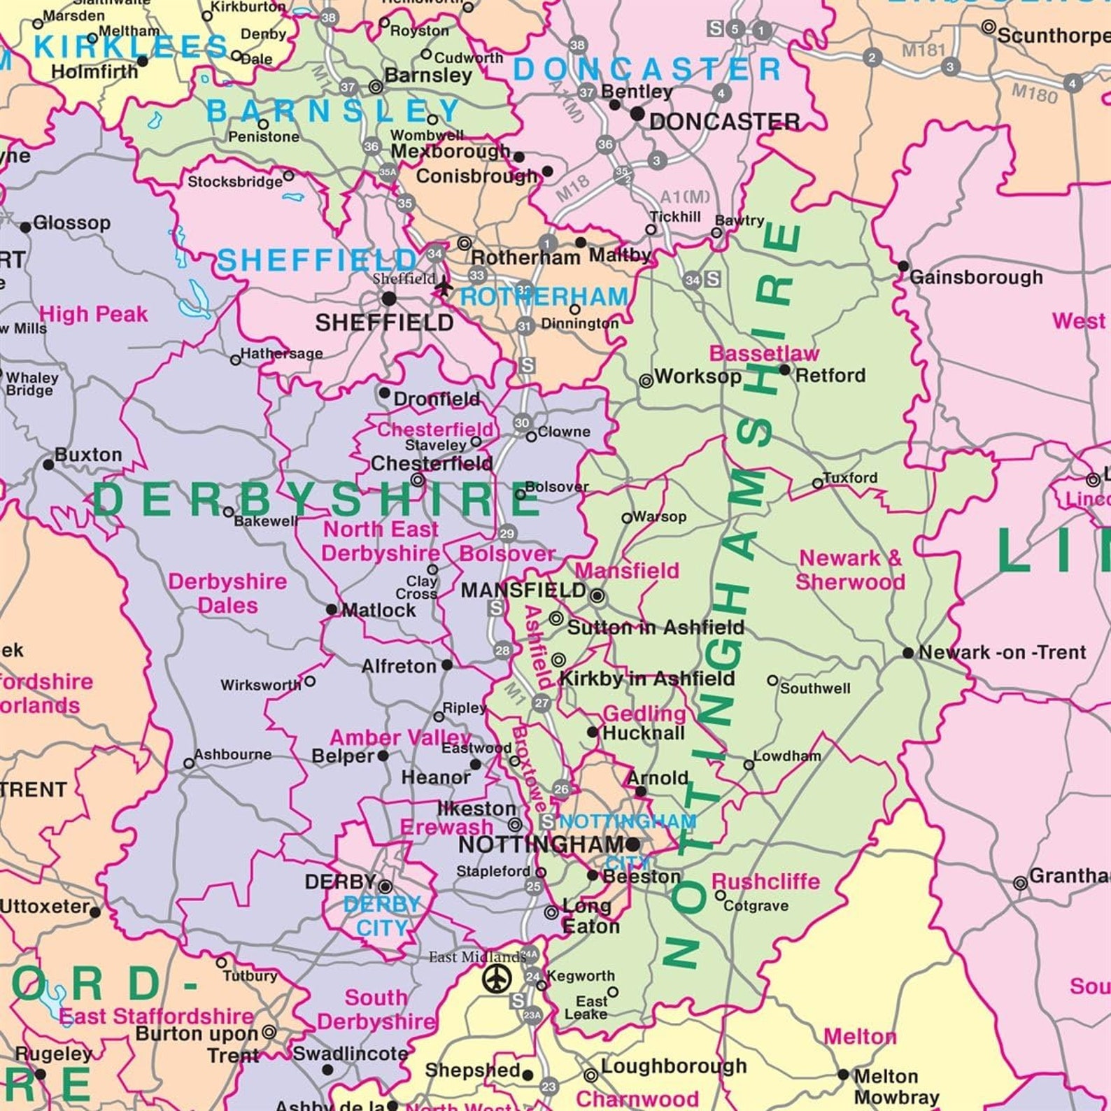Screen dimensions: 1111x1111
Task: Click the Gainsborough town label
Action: point(975,278)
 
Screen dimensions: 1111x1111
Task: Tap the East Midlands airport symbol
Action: point(497,977)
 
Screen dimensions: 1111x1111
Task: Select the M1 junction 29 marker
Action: point(507,534)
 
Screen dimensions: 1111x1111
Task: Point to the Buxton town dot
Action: point(48,465)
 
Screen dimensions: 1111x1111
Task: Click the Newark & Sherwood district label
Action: point(850,570)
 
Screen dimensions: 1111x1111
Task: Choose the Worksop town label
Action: point(698,376)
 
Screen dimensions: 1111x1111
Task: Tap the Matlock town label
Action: point(378,610)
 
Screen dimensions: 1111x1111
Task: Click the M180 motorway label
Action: point(1034,93)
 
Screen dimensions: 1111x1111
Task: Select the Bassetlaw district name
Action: point(763,353)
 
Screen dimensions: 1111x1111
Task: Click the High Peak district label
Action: point(93,314)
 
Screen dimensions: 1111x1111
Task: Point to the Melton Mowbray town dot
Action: point(843,1074)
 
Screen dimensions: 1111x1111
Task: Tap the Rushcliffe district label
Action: point(765,882)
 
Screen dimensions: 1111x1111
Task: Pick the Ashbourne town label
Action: point(232,755)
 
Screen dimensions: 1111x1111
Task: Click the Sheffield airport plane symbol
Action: point(443,286)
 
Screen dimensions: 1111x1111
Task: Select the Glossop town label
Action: point(71,223)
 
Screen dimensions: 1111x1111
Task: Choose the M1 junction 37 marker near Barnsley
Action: point(348,87)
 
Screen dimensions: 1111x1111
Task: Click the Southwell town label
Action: point(815,688)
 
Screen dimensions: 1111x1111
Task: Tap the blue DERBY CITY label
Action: point(381,916)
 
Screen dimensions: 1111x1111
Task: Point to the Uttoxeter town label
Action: point(44,907)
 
